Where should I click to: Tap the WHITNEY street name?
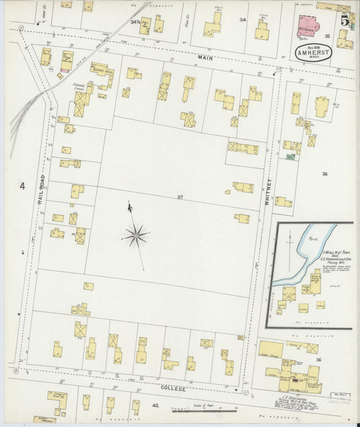point(267,192)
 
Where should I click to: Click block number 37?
point(180,197)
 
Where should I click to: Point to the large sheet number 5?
point(344,20)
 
